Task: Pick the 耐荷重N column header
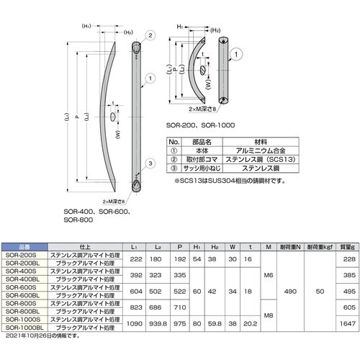point(287,246)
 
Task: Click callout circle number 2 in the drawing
point(149,35)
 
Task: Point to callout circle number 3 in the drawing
point(149,163)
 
